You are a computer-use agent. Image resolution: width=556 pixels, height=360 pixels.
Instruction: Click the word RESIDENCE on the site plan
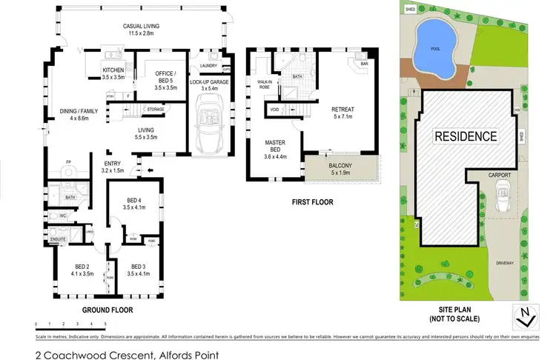(x=465, y=136)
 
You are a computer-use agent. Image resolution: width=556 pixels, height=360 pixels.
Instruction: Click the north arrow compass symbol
(x=525, y=316)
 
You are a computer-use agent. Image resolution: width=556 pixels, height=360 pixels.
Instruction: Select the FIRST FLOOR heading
(x=311, y=201)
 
